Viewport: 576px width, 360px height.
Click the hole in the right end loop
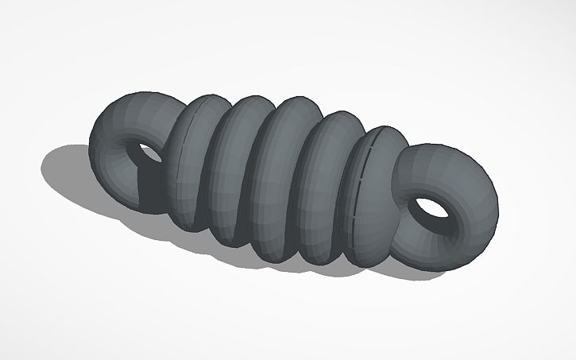[430, 208]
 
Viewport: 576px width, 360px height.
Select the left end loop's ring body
[119, 127]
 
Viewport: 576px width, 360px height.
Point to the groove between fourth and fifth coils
[343, 199]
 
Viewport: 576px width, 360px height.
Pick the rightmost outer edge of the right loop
[499, 207]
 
